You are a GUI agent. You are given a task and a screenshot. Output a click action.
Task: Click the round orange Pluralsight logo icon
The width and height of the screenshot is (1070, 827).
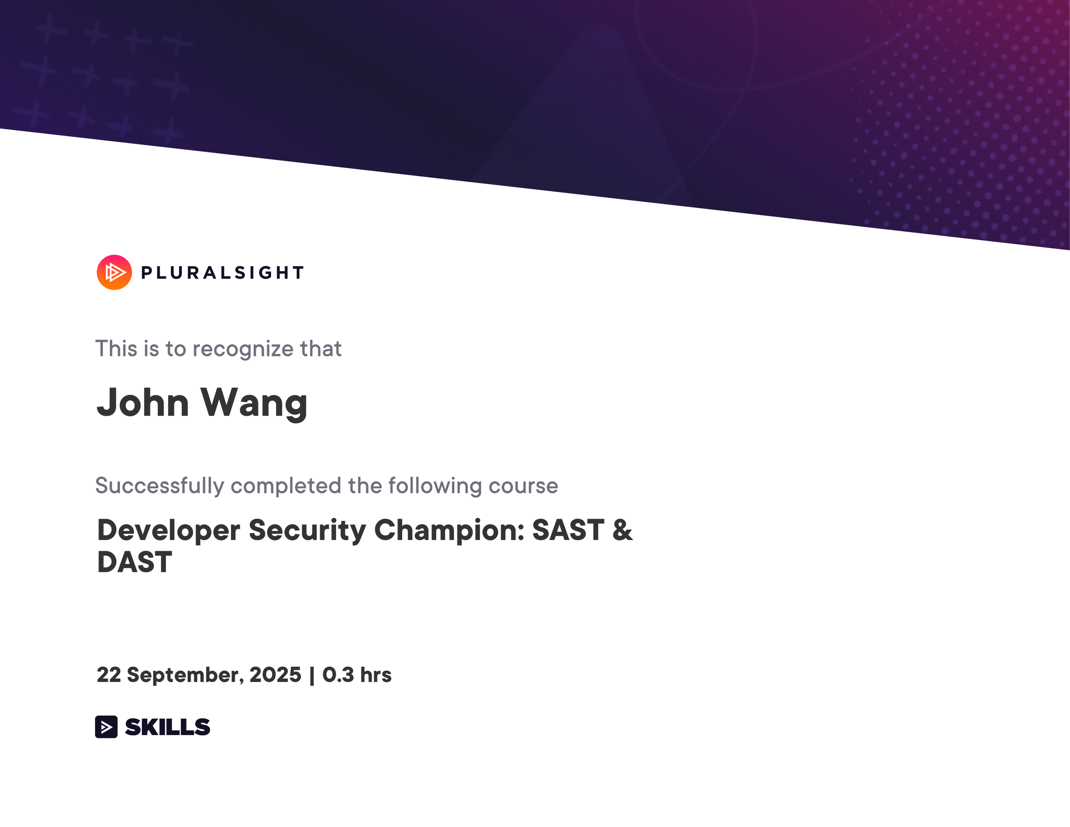tap(114, 273)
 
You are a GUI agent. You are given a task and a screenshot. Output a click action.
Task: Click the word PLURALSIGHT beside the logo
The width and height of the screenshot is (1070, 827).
tap(223, 273)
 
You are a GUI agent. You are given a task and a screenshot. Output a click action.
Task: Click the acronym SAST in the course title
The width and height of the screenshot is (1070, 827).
tap(568, 530)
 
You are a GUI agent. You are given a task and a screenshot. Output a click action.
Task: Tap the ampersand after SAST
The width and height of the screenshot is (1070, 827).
tap(623, 530)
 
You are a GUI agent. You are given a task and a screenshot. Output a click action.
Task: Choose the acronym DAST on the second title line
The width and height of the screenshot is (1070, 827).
tap(135, 562)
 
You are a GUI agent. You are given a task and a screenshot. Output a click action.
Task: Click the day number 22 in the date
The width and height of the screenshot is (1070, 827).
tap(109, 675)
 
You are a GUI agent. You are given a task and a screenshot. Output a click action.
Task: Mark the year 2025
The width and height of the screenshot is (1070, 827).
tap(275, 675)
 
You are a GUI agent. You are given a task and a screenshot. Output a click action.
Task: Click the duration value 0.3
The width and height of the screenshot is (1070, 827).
tap(338, 675)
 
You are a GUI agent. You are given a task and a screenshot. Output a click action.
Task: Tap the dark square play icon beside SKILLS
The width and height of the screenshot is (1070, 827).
tap(106, 726)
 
